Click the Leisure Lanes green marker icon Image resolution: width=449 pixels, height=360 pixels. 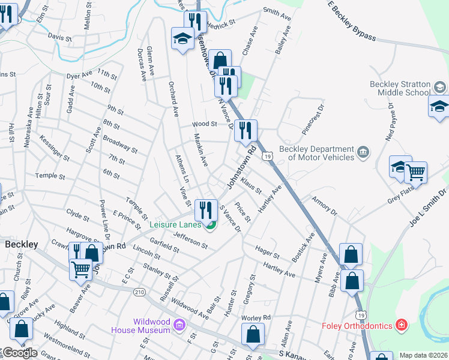(x=210, y=226)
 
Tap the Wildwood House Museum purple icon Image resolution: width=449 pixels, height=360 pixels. (x=178, y=326)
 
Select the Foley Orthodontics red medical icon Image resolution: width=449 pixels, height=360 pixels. (x=401, y=326)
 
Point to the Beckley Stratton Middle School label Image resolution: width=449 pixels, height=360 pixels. (x=399, y=89)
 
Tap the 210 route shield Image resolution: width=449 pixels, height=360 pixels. (x=139, y=292)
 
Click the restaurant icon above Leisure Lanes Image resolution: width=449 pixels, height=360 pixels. (x=206, y=210)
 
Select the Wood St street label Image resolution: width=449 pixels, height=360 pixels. (x=204, y=124)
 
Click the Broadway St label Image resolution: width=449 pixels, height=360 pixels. (x=120, y=146)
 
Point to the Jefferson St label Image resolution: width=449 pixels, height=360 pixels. (x=190, y=241)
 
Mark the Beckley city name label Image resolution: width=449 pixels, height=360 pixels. (x=22, y=245)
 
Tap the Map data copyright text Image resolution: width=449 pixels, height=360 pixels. (x=423, y=355)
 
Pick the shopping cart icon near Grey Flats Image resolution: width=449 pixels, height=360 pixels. (x=415, y=173)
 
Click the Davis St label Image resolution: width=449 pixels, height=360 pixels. (x=60, y=37)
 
